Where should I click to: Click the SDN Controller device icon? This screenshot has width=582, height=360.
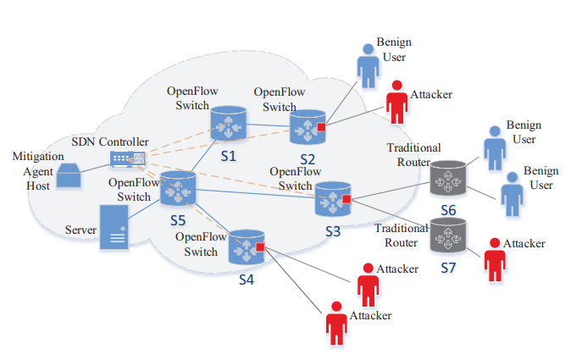click(128, 158)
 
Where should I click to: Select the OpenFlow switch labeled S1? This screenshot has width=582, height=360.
click(227, 123)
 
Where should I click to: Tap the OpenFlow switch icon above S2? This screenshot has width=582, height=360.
click(307, 128)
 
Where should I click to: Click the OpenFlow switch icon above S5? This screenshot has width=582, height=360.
click(178, 187)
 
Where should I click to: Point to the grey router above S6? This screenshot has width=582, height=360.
click(446, 177)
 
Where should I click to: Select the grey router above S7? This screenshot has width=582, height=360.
click(446, 235)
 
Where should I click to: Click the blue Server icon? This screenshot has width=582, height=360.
click(114, 227)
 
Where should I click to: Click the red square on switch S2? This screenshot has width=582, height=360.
click(322, 128)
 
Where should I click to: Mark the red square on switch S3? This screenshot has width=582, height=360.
click(346, 200)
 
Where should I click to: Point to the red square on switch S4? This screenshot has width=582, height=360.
click(260, 247)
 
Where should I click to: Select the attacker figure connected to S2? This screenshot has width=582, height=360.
click(396, 103)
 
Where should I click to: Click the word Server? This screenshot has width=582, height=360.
click(81, 230)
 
